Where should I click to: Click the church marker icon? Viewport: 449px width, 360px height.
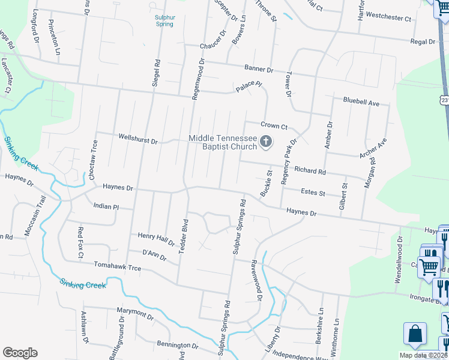pyautogui.click(x=266, y=142)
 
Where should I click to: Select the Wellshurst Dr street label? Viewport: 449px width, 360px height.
pyautogui.click(x=137, y=142)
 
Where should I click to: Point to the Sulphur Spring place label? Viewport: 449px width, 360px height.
pyautogui.click(x=163, y=21)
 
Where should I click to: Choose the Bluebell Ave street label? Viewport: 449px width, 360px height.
pyautogui.click(x=361, y=103)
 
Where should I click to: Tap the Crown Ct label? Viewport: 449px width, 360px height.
pyautogui.click(x=274, y=125)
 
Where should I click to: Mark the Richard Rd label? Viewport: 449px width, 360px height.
pyautogui.click(x=310, y=172)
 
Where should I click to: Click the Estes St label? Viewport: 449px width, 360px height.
pyautogui.click(x=312, y=193)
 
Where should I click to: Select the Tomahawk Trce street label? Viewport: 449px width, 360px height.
pyautogui.click(x=117, y=266)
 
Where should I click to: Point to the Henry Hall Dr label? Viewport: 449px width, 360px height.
pyautogui.click(x=155, y=239)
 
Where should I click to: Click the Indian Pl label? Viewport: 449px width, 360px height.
pyautogui.click(x=107, y=206)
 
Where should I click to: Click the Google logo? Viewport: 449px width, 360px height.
pyautogui.click(x=20, y=352)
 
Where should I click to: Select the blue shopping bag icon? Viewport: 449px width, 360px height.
pyautogui.click(x=415, y=335)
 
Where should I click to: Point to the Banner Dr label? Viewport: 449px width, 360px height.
pyautogui.click(x=258, y=69)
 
